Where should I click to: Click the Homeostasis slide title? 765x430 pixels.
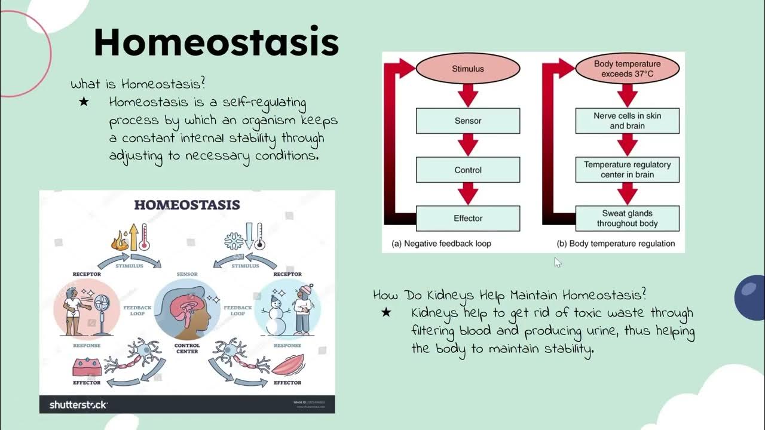coord(216,42)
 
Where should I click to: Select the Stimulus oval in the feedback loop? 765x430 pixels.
coord(467,69)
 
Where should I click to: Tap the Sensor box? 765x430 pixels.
coord(467,121)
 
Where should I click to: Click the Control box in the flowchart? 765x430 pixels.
coord(467,170)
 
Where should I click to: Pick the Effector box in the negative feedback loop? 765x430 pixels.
coord(467,219)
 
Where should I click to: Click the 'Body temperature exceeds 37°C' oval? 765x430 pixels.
coord(627,69)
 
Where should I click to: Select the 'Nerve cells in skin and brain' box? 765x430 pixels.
coord(627,121)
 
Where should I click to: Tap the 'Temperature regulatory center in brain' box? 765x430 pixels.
coord(627,170)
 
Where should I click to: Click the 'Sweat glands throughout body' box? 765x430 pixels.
coord(627,219)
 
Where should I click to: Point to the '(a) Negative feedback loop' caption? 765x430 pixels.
coord(441,244)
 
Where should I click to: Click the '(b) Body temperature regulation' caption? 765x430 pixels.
coord(616,244)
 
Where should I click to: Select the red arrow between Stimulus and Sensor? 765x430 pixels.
coord(467,95)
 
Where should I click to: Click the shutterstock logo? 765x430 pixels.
coord(78,405)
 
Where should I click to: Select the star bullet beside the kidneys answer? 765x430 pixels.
coord(386,312)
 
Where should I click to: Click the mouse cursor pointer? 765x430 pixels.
coord(557,262)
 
